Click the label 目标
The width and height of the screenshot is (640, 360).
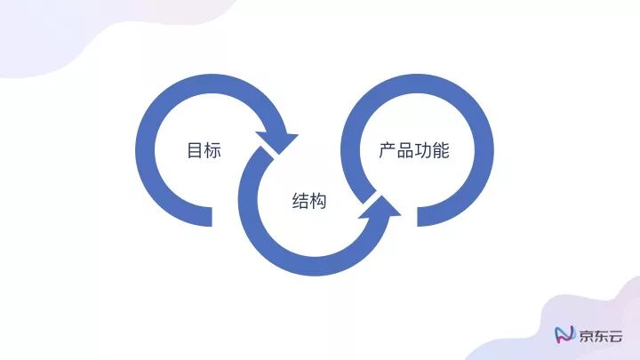click(204, 150)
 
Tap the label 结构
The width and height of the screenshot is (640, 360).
click(310, 202)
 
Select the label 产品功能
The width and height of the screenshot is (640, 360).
click(414, 150)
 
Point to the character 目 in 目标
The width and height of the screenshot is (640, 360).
click(195, 150)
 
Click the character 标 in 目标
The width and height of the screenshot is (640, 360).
click(212, 150)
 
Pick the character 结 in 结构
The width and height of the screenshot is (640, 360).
click(301, 202)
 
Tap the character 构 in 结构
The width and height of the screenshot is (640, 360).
click(319, 202)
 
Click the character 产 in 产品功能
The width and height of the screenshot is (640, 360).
click(388, 150)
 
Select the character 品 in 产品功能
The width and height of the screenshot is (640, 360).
click(405, 150)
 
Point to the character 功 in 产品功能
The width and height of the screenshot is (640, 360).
click(423, 150)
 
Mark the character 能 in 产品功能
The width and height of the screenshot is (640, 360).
click(441, 150)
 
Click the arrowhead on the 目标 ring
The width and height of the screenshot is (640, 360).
click(277, 142)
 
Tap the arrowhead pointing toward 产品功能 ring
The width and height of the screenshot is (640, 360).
click(380, 212)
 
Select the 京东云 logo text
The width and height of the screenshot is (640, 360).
click(602, 335)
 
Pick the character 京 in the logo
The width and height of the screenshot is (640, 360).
click(588, 335)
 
